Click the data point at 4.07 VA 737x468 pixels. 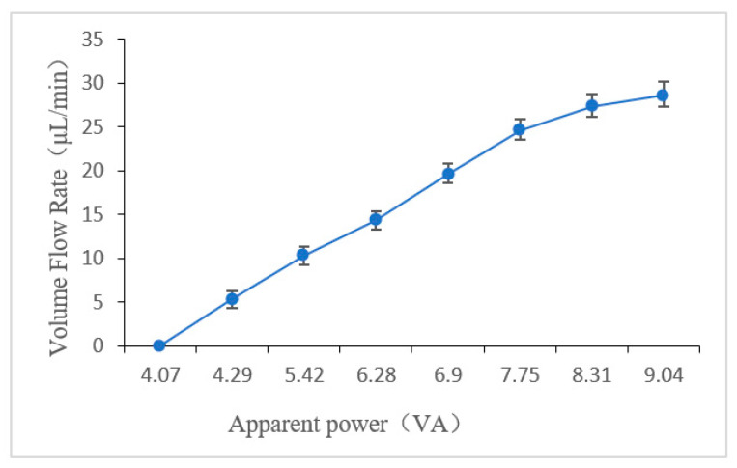click(159, 345)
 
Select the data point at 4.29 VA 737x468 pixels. click(232, 299)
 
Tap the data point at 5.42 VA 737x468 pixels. click(303, 255)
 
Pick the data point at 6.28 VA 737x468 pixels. click(376, 220)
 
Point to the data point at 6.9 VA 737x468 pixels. click(448, 174)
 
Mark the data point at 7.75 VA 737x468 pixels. click(520, 129)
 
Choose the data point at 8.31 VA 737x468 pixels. click(592, 106)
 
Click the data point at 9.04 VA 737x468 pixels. click(664, 95)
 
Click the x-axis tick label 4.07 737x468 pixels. click(159, 372)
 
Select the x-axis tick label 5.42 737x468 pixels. click(303, 372)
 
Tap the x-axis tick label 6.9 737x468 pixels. click(448, 372)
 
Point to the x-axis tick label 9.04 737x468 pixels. click(664, 372)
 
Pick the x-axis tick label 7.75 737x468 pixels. click(520, 372)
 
